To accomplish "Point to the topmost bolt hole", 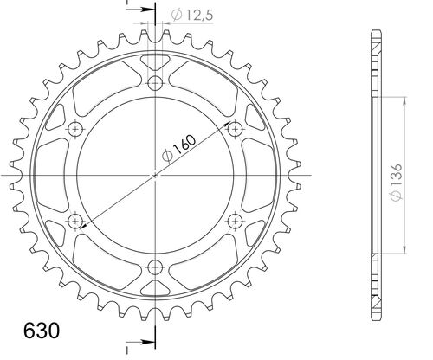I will pos(155,82).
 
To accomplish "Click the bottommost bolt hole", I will pos(155,267).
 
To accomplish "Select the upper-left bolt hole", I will pos(75,129).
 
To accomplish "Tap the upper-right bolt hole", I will pos(235,129).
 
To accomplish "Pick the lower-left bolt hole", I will pos(75,221).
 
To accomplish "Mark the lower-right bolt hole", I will pos(235,221).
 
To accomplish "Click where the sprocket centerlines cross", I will pos(155,175).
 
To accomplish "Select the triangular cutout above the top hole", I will pos(155,63).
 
